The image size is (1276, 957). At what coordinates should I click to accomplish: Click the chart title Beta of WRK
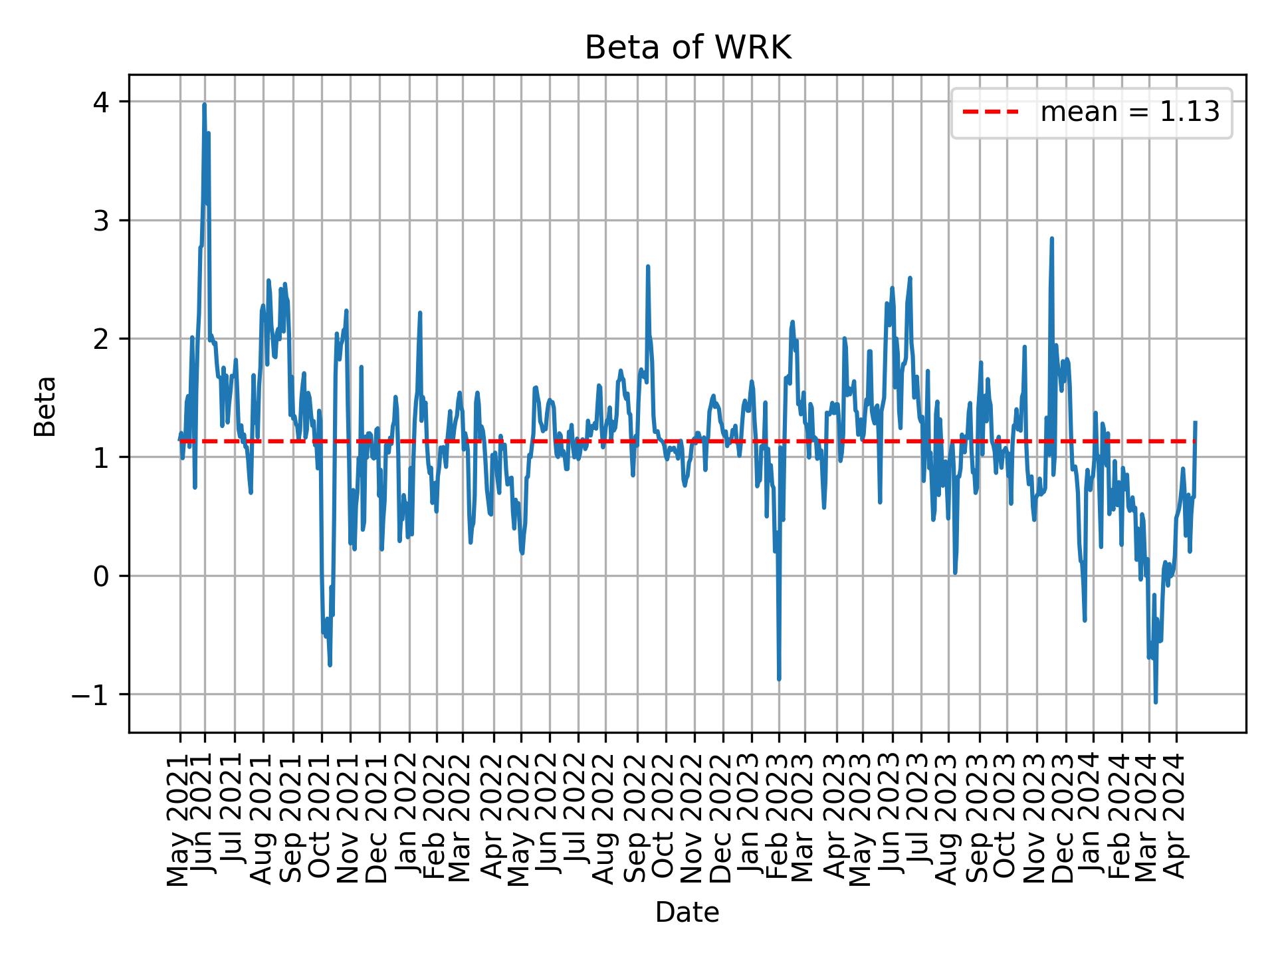point(687,48)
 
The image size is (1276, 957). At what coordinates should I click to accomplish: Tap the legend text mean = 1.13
point(1130,113)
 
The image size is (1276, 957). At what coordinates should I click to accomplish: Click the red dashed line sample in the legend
point(990,113)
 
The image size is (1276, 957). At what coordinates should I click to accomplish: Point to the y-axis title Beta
point(45,406)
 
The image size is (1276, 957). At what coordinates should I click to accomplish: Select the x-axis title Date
point(687,912)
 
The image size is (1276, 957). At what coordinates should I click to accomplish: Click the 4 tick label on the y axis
point(102,102)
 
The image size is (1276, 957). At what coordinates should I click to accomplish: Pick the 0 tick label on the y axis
point(102,576)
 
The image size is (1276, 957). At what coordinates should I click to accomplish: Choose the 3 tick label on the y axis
point(102,221)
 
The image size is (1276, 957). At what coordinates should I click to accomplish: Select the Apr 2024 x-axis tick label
point(1176,824)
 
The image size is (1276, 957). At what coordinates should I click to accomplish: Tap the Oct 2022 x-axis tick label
point(665,824)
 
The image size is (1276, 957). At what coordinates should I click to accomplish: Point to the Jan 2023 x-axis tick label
point(752,824)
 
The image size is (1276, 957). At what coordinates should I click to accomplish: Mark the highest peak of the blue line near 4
point(204,105)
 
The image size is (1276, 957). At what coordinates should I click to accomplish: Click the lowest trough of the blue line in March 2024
point(1156,701)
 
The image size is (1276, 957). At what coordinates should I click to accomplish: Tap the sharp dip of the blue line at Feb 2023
point(779,679)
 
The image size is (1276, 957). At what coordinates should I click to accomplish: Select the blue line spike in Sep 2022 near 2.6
point(647,267)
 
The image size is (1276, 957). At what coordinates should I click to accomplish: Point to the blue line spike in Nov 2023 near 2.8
point(1052,239)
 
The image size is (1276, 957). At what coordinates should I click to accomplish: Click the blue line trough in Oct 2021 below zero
point(330,664)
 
